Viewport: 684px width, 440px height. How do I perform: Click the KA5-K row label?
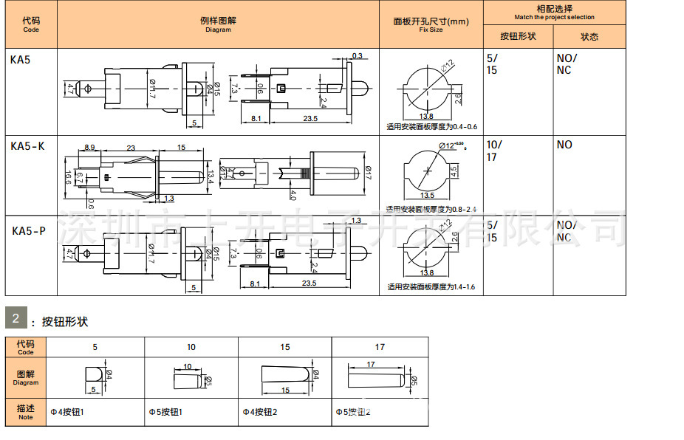27,146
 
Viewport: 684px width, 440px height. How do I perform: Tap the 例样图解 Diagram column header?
218,25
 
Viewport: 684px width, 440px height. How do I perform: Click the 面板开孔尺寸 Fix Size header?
431,25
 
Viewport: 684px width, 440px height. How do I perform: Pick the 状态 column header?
589,36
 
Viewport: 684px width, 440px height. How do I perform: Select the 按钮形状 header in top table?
518,36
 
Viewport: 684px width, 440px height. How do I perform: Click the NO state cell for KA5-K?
564,145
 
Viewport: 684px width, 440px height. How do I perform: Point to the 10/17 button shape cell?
493,151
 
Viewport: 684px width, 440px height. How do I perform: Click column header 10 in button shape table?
191,346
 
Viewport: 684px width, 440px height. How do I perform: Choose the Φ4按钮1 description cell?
67,412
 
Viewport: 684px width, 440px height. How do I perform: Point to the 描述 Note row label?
26,411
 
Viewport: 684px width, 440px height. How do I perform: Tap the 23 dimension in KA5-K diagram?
131,148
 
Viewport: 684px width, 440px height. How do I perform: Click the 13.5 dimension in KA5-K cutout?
427,196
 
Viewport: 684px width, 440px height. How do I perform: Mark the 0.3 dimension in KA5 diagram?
358,56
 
